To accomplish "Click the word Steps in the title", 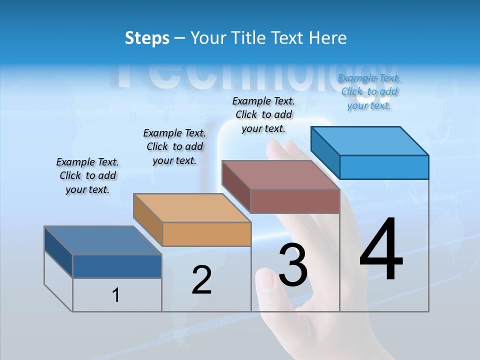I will pyautogui.click(x=147, y=38).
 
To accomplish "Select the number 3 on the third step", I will pyautogui.click(x=293, y=264).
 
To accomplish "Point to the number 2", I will pyautogui.click(x=202, y=280).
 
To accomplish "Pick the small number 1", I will pyautogui.click(x=116, y=295).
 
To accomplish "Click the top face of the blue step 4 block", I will pyautogui.click(x=370, y=141).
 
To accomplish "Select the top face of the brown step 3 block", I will pyautogui.click(x=280, y=175).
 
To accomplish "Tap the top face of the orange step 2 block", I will pyautogui.click(x=192, y=208).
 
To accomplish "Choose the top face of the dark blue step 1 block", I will pyautogui.click(x=103, y=240).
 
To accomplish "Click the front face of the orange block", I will pyautogui.click(x=206, y=234).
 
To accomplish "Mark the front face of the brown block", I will pyautogui.click(x=295, y=201).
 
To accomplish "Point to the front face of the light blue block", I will pyautogui.click(x=384, y=167).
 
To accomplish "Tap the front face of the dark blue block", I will pyautogui.click(x=117, y=266).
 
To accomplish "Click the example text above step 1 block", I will pyautogui.click(x=87, y=175).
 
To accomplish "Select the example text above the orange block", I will pyautogui.click(x=174, y=146).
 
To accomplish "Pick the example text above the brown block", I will pyautogui.click(x=263, y=114).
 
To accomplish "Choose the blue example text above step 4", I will pyautogui.click(x=369, y=91).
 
